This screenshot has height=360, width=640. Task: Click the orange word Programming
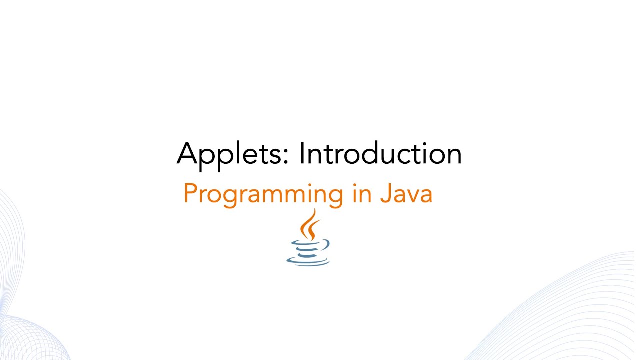pyautogui.click(x=263, y=194)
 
